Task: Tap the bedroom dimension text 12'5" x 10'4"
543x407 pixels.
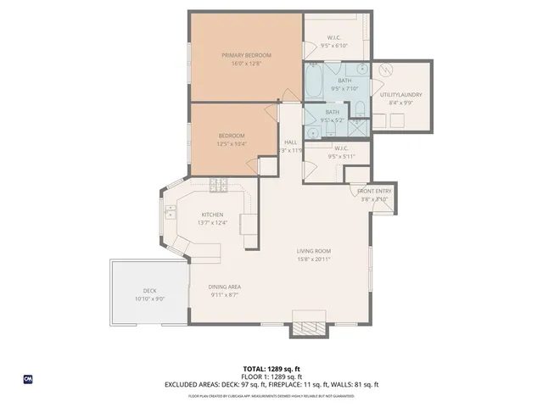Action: point(232,144)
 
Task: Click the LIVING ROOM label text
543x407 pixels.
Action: point(313,252)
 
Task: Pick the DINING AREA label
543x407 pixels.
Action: point(224,287)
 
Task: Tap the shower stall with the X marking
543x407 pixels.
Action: point(358,120)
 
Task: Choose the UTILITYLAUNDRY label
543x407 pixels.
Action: point(401,94)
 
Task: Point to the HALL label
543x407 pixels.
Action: point(290,142)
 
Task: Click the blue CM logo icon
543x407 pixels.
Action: point(28,378)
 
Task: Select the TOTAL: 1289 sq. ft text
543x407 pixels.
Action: point(271,369)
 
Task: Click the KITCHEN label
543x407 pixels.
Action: point(212,215)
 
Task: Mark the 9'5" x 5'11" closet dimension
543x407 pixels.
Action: point(342,156)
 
